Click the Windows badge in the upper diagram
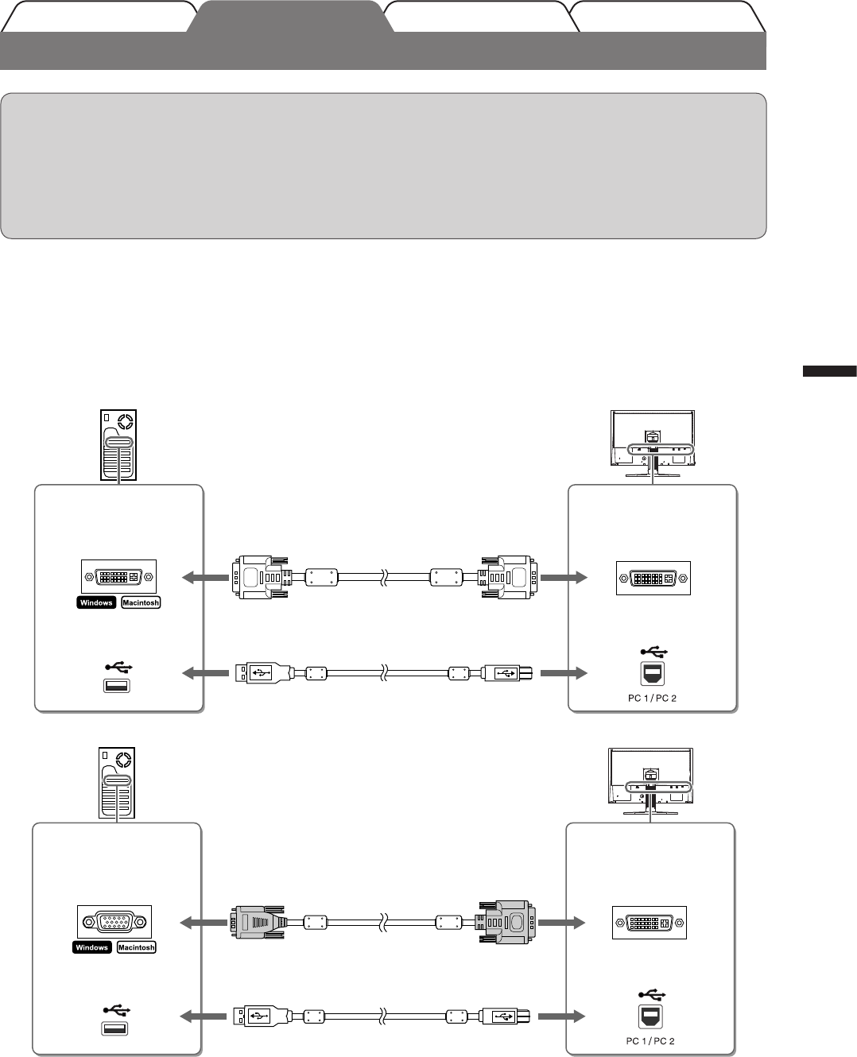click(x=96, y=602)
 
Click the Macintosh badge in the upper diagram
click(x=141, y=602)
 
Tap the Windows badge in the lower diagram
click(x=92, y=947)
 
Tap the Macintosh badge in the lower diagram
click(x=137, y=947)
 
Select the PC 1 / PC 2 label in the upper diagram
click(x=652, y=699)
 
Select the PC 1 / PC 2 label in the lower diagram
click(x=650, y=1041)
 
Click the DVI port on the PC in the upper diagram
click(x=118, y=577)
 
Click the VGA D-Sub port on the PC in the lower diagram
click(x=114, y=922)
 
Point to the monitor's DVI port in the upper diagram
click(x=653, y=579)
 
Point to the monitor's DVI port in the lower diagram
click(x=650, y=923)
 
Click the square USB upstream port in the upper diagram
click(x=652, y=674)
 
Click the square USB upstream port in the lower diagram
click(x=650, y=1016)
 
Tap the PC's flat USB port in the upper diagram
click(x=117, y=686)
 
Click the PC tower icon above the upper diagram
click(x=118, y=445)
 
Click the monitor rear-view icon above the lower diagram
click(x=650, y=781)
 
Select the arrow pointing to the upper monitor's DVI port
click(x=564, y=578)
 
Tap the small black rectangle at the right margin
click(x=829, y=370)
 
